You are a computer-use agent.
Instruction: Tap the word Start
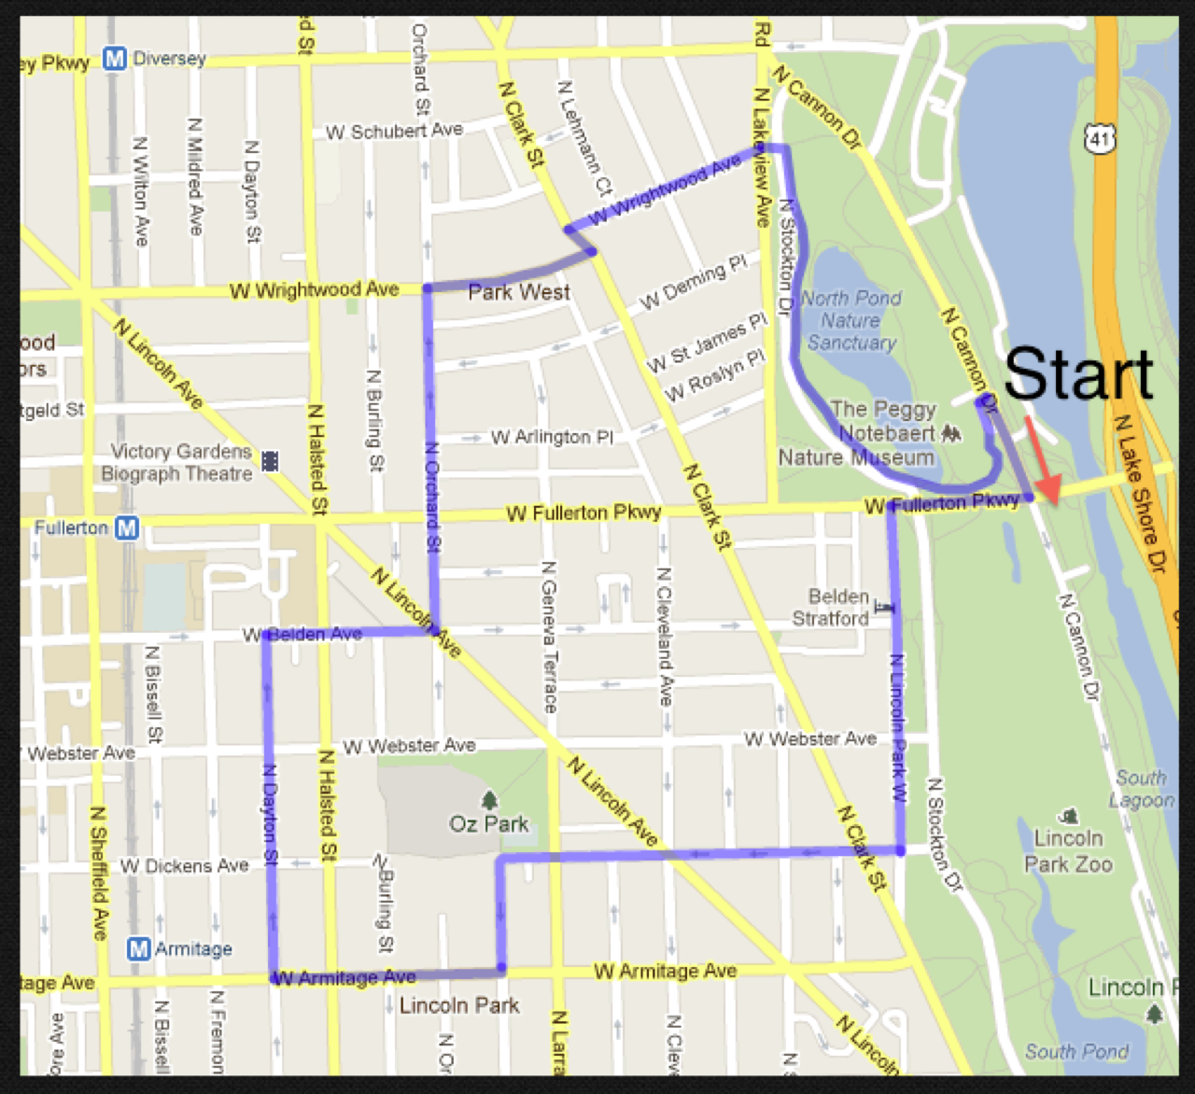point(1078,373)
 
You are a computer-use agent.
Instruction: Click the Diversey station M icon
point(114,59)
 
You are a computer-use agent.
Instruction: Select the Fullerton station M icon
point(127,528)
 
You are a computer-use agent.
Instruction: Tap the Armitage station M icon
point(138,949)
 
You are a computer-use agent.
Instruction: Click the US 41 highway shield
point(1100,139)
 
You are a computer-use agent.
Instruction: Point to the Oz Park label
point(488,824)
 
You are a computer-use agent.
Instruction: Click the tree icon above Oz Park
point(488,800)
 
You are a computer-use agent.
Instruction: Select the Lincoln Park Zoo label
point(1068,850)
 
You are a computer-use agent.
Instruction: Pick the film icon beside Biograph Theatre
point(270,461)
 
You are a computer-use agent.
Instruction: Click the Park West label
point(518,292)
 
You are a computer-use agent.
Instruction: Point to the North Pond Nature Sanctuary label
point(851,320)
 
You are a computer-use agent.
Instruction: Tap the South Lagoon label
point(1141,789)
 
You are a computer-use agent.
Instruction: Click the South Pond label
point(1076,1052)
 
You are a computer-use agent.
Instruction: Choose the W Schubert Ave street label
point(394,132)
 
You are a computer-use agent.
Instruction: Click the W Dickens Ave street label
point(184,866)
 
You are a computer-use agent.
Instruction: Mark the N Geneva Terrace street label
point(549,637)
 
